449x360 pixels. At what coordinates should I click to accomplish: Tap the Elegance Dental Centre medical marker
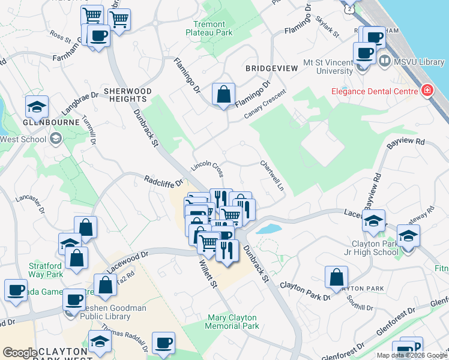tap(427, 91)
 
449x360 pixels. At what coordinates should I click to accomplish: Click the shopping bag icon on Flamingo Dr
tap(223, 95)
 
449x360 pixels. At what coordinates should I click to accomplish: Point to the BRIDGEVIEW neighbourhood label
tap(271, 68)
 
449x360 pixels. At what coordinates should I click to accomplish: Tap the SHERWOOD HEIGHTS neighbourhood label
tap(127, 95)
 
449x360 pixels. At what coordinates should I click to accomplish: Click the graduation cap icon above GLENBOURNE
tap(37, 107)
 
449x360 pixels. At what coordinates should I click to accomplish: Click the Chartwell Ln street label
tap(272, 175)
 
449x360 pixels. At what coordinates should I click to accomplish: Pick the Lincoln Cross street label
tap(208, 169)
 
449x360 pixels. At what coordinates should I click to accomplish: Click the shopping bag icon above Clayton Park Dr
tap(336, 278)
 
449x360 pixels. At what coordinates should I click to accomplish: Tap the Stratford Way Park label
tap(45, 270)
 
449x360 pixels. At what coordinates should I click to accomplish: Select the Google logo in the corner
tap(19, 353)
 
